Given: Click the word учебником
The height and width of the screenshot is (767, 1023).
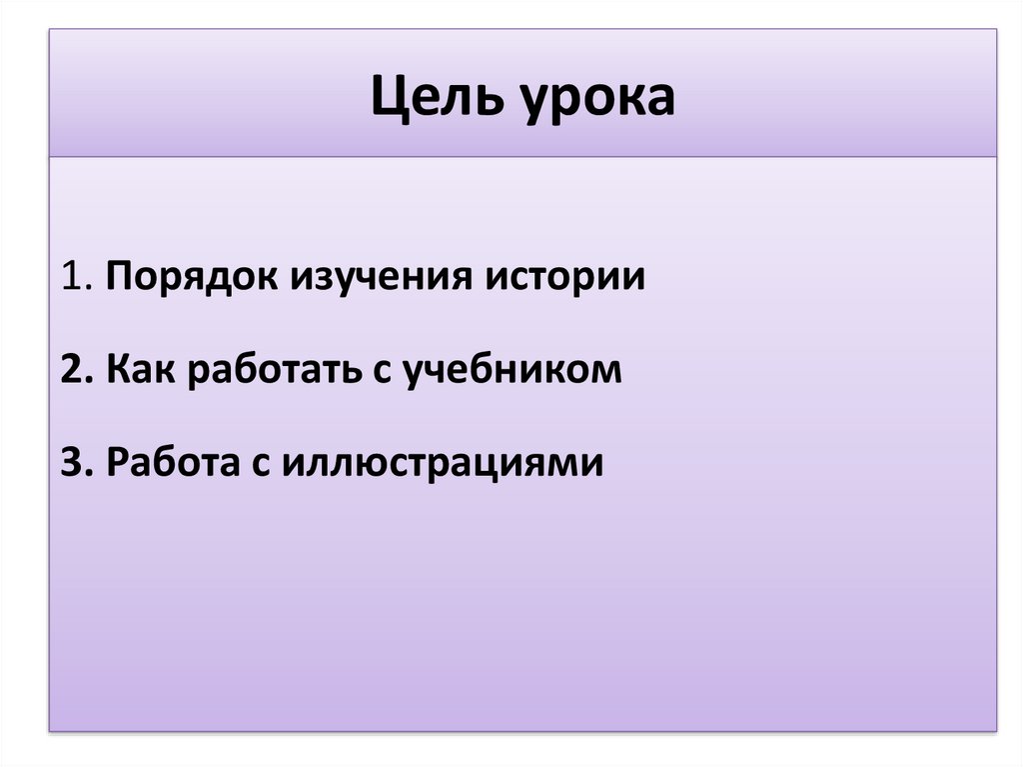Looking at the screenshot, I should (512, 370).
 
